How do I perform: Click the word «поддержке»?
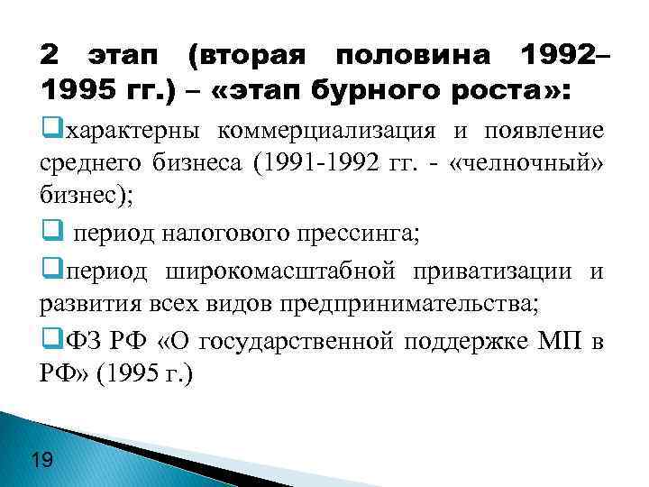pos(460,341)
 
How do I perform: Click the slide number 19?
pos(41,462)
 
